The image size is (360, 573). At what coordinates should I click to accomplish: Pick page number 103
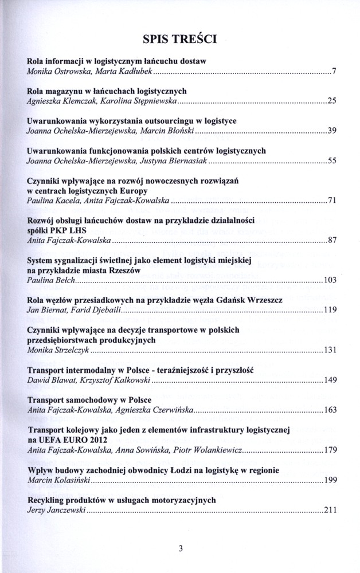pyautogui.click(x=328, y=281)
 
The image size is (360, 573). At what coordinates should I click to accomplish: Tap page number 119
pyautogui.click(x=328, y=311)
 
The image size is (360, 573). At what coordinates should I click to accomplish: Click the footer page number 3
pyautogui.click(x=180, y=548)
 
